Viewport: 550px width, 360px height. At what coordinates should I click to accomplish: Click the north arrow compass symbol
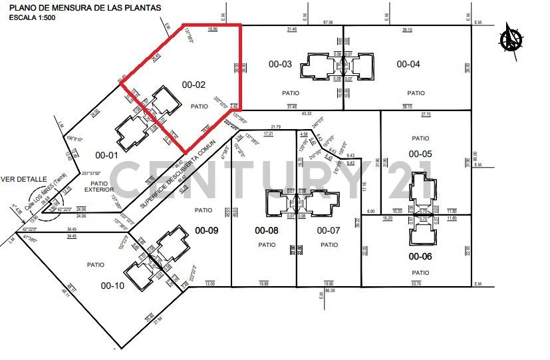tap(513, 37)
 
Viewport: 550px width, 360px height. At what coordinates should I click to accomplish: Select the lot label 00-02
tap(194, 85)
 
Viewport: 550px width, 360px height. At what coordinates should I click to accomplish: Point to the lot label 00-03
tap(280, 65)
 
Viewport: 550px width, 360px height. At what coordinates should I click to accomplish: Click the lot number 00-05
tap(420, 154)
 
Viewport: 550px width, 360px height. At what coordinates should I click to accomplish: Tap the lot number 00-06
tap(420, 256)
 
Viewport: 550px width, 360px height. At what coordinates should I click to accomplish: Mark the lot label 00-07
tap(329, 231)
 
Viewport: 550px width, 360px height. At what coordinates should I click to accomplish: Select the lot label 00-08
tap(267, 231)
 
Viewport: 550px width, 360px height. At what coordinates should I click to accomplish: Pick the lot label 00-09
tap(206, 231)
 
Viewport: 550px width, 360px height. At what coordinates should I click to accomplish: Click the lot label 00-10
tap(112, 285)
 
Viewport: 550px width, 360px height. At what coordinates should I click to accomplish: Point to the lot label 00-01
tap(107, 156)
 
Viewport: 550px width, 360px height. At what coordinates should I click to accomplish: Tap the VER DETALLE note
tap(24, 179)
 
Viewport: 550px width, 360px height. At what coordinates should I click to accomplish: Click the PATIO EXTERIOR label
tap(99, 187)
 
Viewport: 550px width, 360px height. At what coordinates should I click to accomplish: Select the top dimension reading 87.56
tap(327, 22)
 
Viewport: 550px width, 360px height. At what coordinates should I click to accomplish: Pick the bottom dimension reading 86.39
tap(329, 291)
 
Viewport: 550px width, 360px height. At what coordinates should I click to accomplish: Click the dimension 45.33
tap(307, 113)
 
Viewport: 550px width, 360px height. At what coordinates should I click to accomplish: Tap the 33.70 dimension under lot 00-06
tap(416, 283)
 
